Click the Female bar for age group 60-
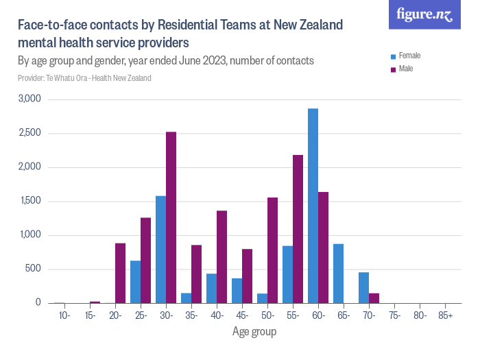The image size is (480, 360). point(313,206)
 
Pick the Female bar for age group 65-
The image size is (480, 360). point(338,274)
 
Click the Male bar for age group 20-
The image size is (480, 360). point(120,273)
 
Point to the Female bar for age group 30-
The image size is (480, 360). point(160,250)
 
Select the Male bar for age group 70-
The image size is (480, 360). point(374,298)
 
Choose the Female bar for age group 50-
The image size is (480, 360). point(262,298)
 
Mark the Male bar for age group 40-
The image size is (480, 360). point(221,257)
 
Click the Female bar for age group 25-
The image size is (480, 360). point(135,282)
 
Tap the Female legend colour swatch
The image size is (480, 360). point(393,56)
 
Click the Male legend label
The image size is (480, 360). point(406,69)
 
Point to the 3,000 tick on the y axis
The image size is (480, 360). point(29,99)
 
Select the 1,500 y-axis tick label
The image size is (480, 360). point(29,201)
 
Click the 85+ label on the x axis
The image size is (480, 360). point(444,315)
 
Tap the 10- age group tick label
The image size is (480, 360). point(64,315)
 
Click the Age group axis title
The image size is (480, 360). point(254,332)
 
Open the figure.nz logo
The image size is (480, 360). point(424,14)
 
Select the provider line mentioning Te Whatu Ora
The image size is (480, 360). point(84,78)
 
